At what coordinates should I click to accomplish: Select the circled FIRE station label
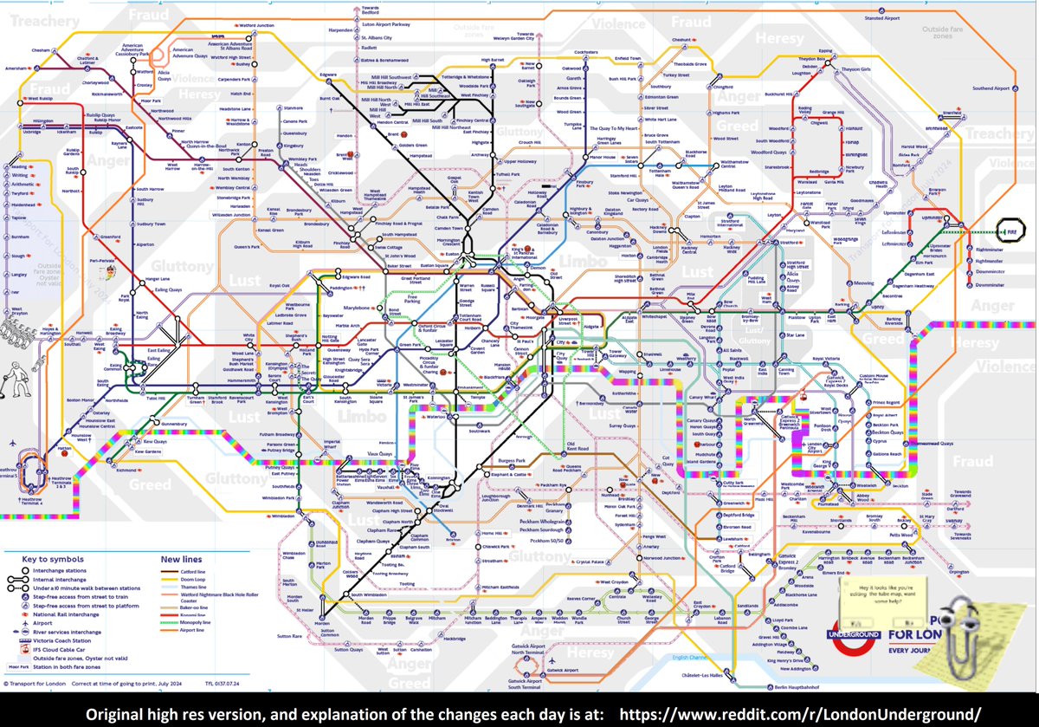1009,232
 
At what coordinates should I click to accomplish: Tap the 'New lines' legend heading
179,559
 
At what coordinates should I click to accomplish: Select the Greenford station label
110,236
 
